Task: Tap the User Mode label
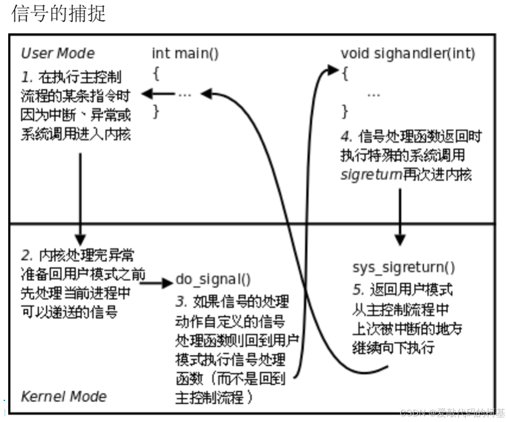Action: [58, 53]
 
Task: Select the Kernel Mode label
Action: [64, 396]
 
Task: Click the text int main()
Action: [185, 53]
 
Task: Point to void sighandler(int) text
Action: [408, 53]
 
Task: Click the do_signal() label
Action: [213, 280]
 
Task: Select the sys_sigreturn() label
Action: [404, 267]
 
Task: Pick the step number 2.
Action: [26, 255]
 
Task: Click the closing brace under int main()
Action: [156, 111]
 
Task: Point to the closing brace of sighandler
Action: [345, 111]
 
